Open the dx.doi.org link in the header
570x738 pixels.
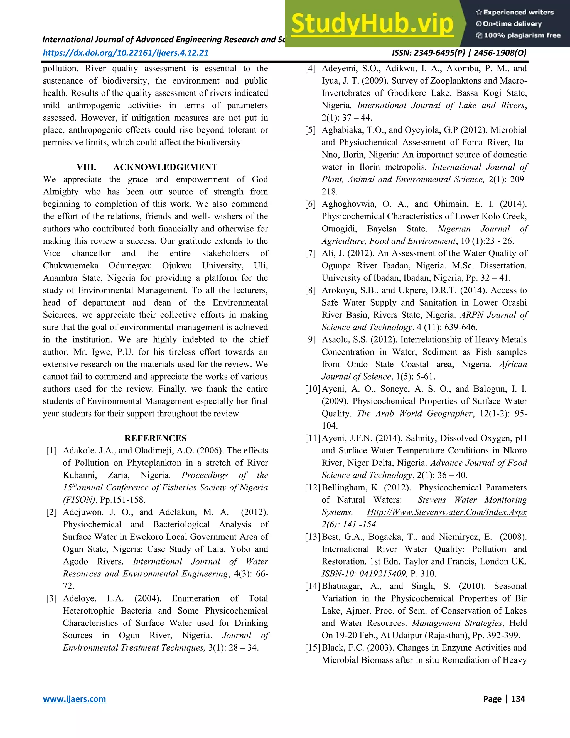126,53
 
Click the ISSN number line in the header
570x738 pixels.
459,53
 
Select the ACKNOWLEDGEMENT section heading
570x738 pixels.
165,167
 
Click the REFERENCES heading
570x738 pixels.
155,438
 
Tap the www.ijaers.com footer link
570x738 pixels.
74,699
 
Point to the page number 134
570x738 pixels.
518,699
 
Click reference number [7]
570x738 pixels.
310,253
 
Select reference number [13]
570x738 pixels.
312,537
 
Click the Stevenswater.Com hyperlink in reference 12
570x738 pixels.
447,512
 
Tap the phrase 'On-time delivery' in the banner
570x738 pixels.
512,24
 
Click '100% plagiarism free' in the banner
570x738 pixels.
522,35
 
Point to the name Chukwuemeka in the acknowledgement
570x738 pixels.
71,266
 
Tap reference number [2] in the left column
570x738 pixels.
51,512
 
